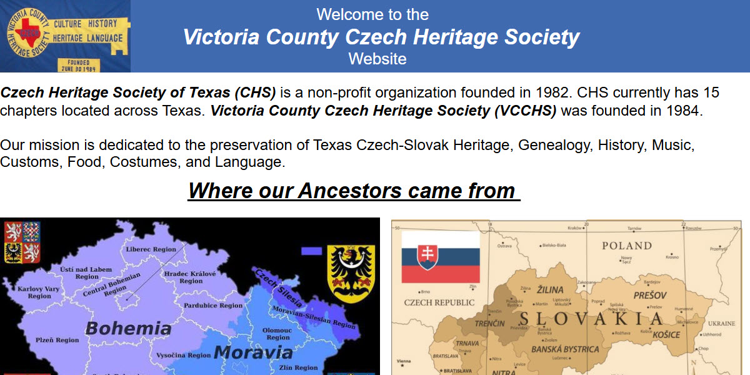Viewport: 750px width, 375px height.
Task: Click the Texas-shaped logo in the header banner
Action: click(x=27, y=31)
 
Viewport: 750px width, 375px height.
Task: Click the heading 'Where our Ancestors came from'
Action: click(x=354, y=190)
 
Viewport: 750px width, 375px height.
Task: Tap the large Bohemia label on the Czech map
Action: click(x=128, y=328)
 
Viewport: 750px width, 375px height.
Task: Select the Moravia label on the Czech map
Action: click(x=253, y=352)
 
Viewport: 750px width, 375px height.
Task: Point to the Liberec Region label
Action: click(x=151, y=249)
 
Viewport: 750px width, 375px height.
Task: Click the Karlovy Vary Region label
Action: click(x=39, y=292)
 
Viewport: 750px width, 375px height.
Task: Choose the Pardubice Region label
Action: click(x=213, y=306)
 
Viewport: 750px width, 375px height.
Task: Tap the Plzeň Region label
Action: click(x=57, y=340)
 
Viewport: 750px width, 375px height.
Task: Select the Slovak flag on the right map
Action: click(x=441, y=257)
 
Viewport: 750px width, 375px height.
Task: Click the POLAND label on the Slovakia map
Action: click(x=626, y=246)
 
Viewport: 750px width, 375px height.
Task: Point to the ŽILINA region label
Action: click(x=550, y=290)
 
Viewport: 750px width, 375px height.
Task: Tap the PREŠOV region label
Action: click(x=650, y=295)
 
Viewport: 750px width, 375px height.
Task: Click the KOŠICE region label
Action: click(x=666, y=335)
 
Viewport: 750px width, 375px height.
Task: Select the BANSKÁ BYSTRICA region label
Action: click(x=565, y=349)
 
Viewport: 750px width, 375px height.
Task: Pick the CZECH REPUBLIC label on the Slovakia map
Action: click(x=439, y=303)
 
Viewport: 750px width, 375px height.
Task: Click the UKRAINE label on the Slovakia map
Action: click(x=721, y=324)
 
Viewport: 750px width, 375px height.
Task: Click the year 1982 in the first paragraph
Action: click(x=552, y=93)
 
